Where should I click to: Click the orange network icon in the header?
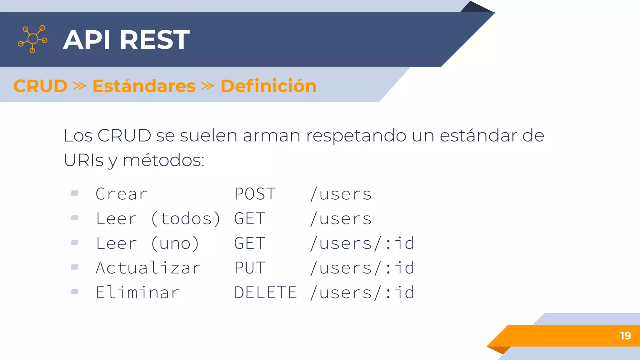[33, 39]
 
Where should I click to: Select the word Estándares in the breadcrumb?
[144, 86]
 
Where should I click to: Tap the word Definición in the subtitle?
[268, 86]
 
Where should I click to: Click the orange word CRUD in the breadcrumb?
[40, 86]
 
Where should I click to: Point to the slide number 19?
[625, 336]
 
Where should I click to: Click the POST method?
[255, 194]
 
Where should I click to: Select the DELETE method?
[265, 293]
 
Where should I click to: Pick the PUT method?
[250, 268]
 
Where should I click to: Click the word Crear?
[122, 194]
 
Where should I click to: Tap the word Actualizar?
[148, 268]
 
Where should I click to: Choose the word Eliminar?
[138, 293]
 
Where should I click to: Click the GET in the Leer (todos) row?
[250, 219]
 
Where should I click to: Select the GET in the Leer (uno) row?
[250, 243]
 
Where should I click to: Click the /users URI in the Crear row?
[341, 194]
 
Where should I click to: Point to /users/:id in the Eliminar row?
[362, 293]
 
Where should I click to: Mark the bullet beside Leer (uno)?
[74, 242]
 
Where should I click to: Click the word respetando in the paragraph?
[356, 136]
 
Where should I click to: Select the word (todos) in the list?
[186, 219]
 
